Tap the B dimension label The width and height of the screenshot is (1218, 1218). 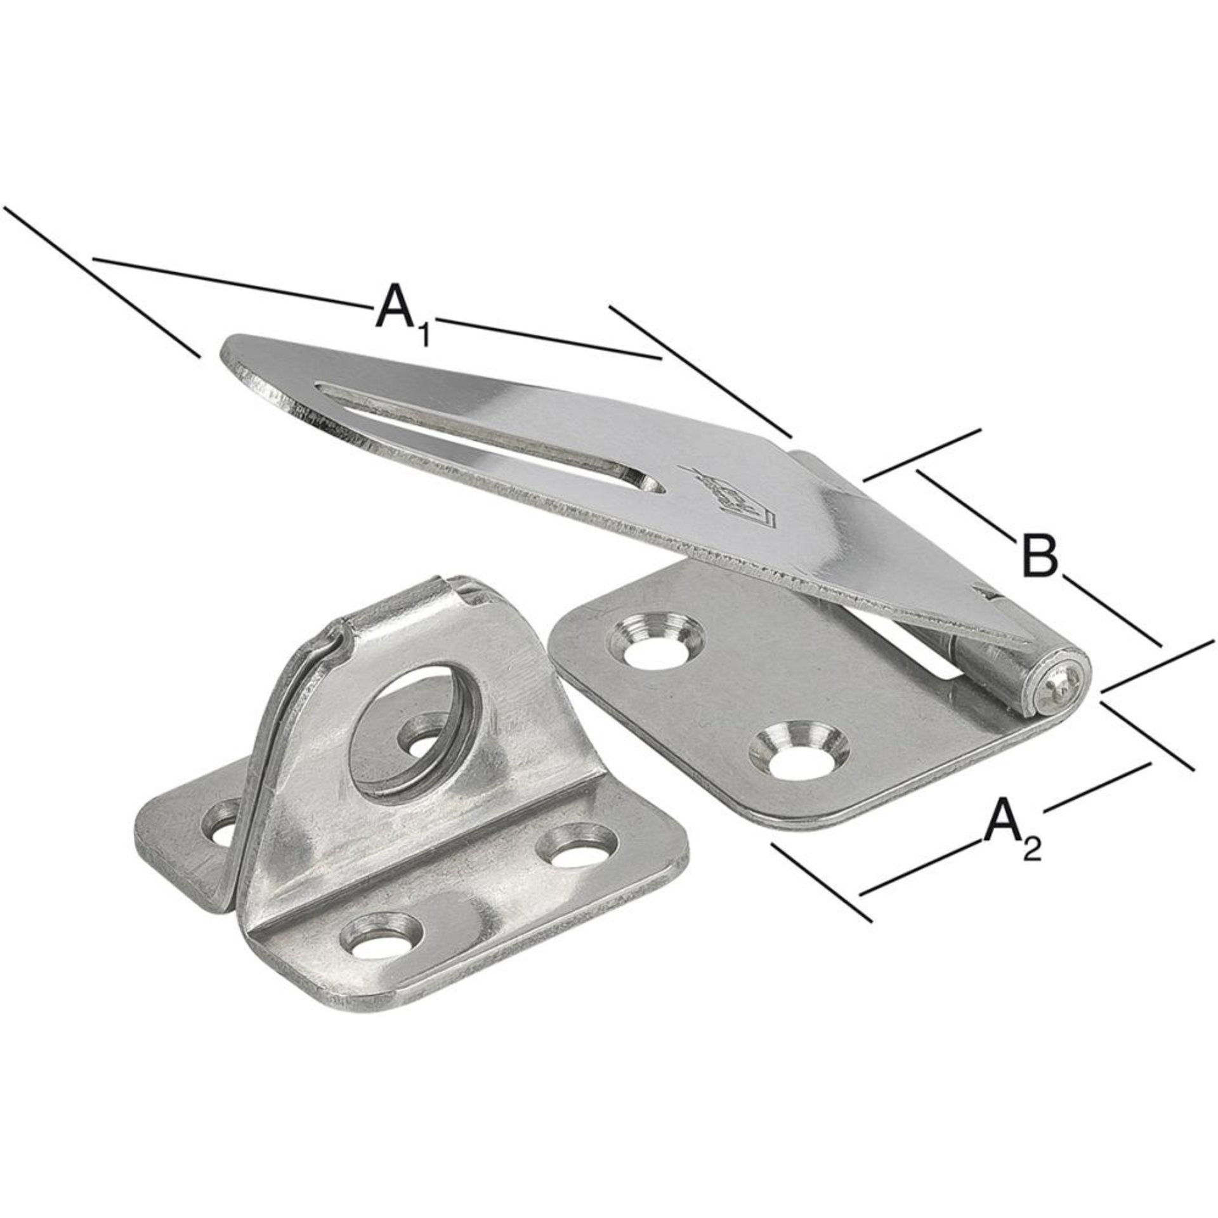tap(1038, 556)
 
